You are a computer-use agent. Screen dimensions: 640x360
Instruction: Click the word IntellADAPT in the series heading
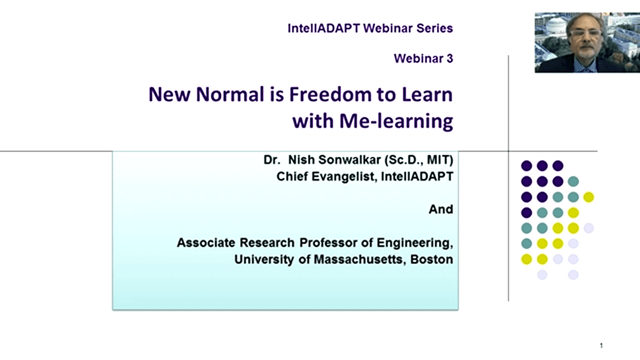(x=324, y=28)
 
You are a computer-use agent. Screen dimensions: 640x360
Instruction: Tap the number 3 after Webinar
(x=450, y=59)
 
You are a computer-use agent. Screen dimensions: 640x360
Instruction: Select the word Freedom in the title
(x=330, y=94)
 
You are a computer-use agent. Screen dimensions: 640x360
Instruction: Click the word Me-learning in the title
(x=396, y=121)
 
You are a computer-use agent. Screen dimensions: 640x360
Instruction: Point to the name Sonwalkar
(x=350, y=159)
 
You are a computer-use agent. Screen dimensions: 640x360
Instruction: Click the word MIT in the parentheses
(x=438, y=159)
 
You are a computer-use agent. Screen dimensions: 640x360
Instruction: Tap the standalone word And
(x=441, y=210)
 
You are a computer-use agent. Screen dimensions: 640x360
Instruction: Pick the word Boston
(x=431, y=259)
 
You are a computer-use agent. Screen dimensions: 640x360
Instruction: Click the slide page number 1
(x=602, y=346)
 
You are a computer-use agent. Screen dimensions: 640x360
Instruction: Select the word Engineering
(x=414, y=243)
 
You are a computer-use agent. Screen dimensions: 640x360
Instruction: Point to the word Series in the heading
(x=435, y=28)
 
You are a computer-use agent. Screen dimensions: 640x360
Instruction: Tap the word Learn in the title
(x=427, y=94)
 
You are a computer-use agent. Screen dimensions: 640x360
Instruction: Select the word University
(x=264, y=259)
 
